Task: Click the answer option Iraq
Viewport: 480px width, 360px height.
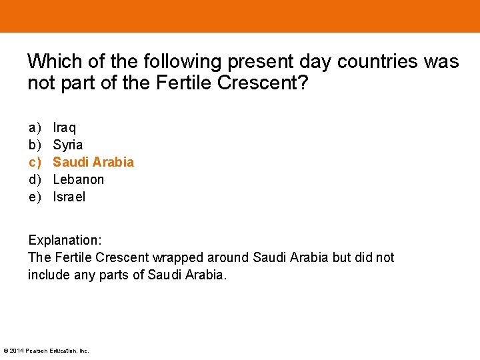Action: (x=65, y=127)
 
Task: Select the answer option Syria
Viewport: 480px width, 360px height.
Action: (x=68, y=145)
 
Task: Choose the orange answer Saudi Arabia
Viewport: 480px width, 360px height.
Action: (x=93, y=162)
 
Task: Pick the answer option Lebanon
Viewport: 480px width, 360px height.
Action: (x=79, y=179)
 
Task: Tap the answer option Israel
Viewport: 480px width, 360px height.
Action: (x=69, y=197)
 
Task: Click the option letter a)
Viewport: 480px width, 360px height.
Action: (x=34, y=127)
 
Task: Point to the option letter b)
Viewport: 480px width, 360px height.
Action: (x=34, y=145)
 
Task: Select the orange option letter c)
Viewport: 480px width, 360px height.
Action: (x=34, y=162)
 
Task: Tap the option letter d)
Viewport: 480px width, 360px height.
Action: (x=34, y=179)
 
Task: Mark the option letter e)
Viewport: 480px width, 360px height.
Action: (x=34, y=197)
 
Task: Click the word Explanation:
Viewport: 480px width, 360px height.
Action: (x=65, y=240)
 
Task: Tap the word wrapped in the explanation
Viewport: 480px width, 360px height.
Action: (x=179, y=257)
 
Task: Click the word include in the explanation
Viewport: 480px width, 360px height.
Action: (x=50, y=275)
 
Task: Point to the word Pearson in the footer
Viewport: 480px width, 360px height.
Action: (x=37, y=351)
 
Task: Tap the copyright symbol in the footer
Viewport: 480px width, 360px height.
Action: (x=6, y=351)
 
